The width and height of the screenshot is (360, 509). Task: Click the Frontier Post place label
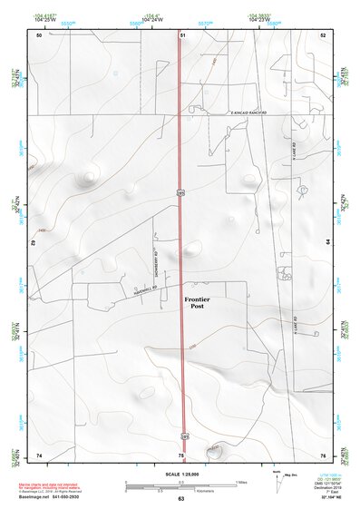pyautogui.click(x=197, y=303)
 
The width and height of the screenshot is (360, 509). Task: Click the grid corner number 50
pyautogui.click(x=39, y=34)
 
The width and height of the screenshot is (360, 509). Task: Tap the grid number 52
pyautogui.click(x=322, y=34)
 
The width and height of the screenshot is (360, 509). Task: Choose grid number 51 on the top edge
pyautogui.click(x=182, y=34)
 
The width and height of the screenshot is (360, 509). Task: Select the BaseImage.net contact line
pyautogui.click(x=54, y=496)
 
